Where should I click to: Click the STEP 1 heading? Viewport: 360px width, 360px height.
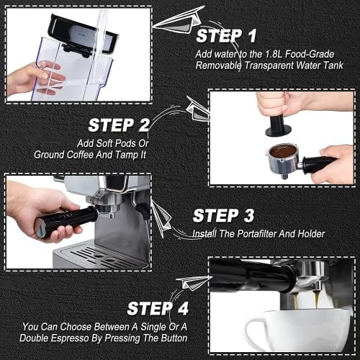click(226, 36)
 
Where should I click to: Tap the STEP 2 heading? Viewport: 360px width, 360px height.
click(119, 125)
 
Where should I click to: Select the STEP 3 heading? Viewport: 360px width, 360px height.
click(223, 215)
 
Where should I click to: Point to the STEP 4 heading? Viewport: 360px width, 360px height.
click(158, 308)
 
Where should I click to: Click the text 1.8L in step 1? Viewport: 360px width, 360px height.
click(274, 54)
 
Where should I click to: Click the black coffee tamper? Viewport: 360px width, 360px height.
click(278, 125)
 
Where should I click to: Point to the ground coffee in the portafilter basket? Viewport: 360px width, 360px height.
click(283, 151)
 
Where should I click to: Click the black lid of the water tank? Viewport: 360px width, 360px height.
click(83, 34)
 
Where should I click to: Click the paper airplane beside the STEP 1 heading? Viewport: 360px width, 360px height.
click(179, 20)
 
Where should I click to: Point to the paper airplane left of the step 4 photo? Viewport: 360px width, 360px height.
click(194, 282)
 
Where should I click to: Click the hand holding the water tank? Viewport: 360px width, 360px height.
click(36, 78)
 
